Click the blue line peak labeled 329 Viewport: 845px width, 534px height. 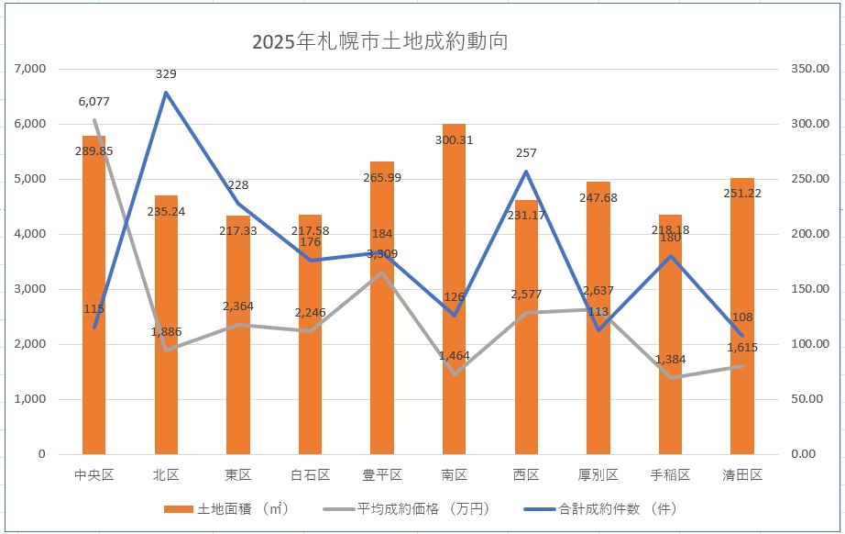(x=166, y=92)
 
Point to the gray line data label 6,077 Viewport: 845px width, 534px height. (x=94, y=102)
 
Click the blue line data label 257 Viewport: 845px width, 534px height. (x=526, y=153)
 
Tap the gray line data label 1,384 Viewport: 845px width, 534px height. (x=670, y=359)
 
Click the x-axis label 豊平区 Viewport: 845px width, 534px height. (x=382, y=475)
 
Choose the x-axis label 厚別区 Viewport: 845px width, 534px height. (x=598, y=475)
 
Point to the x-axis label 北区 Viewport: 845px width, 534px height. (x=166, y=475)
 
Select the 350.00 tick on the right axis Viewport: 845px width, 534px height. (x=807, y=69)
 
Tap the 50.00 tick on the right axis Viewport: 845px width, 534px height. (x=810, y=399)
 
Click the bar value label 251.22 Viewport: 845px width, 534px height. (x=742, y=194)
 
